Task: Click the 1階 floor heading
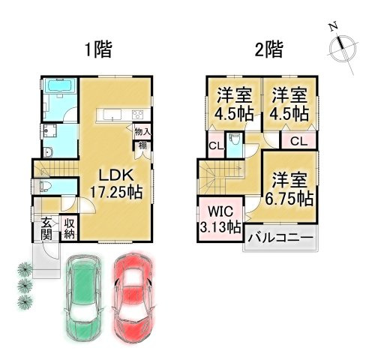coord(97,50)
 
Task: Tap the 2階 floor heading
coord(268,50)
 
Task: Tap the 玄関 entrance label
coord(46,228)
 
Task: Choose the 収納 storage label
coord(69,228)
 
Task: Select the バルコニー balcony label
coord(280,238)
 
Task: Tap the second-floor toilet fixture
coord(235,141)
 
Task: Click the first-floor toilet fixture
coord(44,187)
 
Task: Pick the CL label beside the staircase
coord(214,145)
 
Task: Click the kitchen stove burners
coord(137,115)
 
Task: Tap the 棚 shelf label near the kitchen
coord(142,146)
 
